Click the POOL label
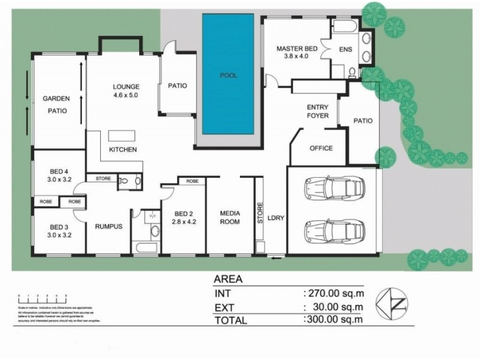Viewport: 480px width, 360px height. pyautogui.click(x=229, y=76)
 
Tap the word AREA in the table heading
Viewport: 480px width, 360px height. pyautogui.click(x=229, y=279)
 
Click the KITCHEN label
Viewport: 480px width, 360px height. pyautogui.click(x=122, y=149)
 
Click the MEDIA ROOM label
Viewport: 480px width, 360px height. pyautogui.click(x=230, y=217)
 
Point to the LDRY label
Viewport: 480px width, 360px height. pyautogui.click(x=275, y=218)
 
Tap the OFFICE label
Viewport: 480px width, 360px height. pyautogui.click(x=320, y=149)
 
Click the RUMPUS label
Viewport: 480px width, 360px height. pyautogui.click(x=109, y=226)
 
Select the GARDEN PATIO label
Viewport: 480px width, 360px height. pyautogui.click(x=56, y=104)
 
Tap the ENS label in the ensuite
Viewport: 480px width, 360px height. pyautogui.click(x=345, y=50)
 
